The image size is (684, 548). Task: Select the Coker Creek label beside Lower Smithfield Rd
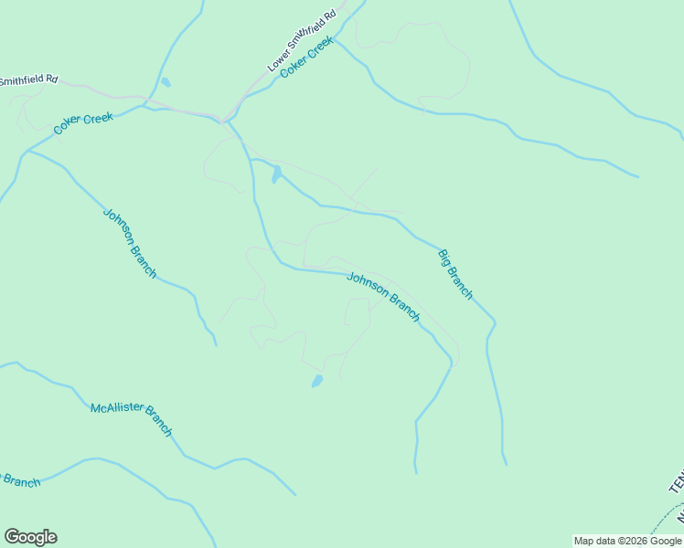[x=308, y=57]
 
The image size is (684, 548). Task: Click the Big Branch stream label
[x=455, y=274]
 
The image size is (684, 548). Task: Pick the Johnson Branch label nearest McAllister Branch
[x=130, y=243]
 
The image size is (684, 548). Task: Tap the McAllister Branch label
[x=131, y=418]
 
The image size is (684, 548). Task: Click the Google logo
[x=30, y=537]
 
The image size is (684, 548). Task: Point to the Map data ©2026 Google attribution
[x=628, y=541]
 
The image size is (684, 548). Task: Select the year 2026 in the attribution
[x=631, y=541]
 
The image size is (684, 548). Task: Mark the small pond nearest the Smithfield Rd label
[x=165, y=82]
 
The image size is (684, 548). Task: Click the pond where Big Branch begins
[x=276, y=174]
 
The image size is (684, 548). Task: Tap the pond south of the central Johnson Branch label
[x=317, y=381]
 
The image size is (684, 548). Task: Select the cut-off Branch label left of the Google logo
[x=20, y=480]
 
